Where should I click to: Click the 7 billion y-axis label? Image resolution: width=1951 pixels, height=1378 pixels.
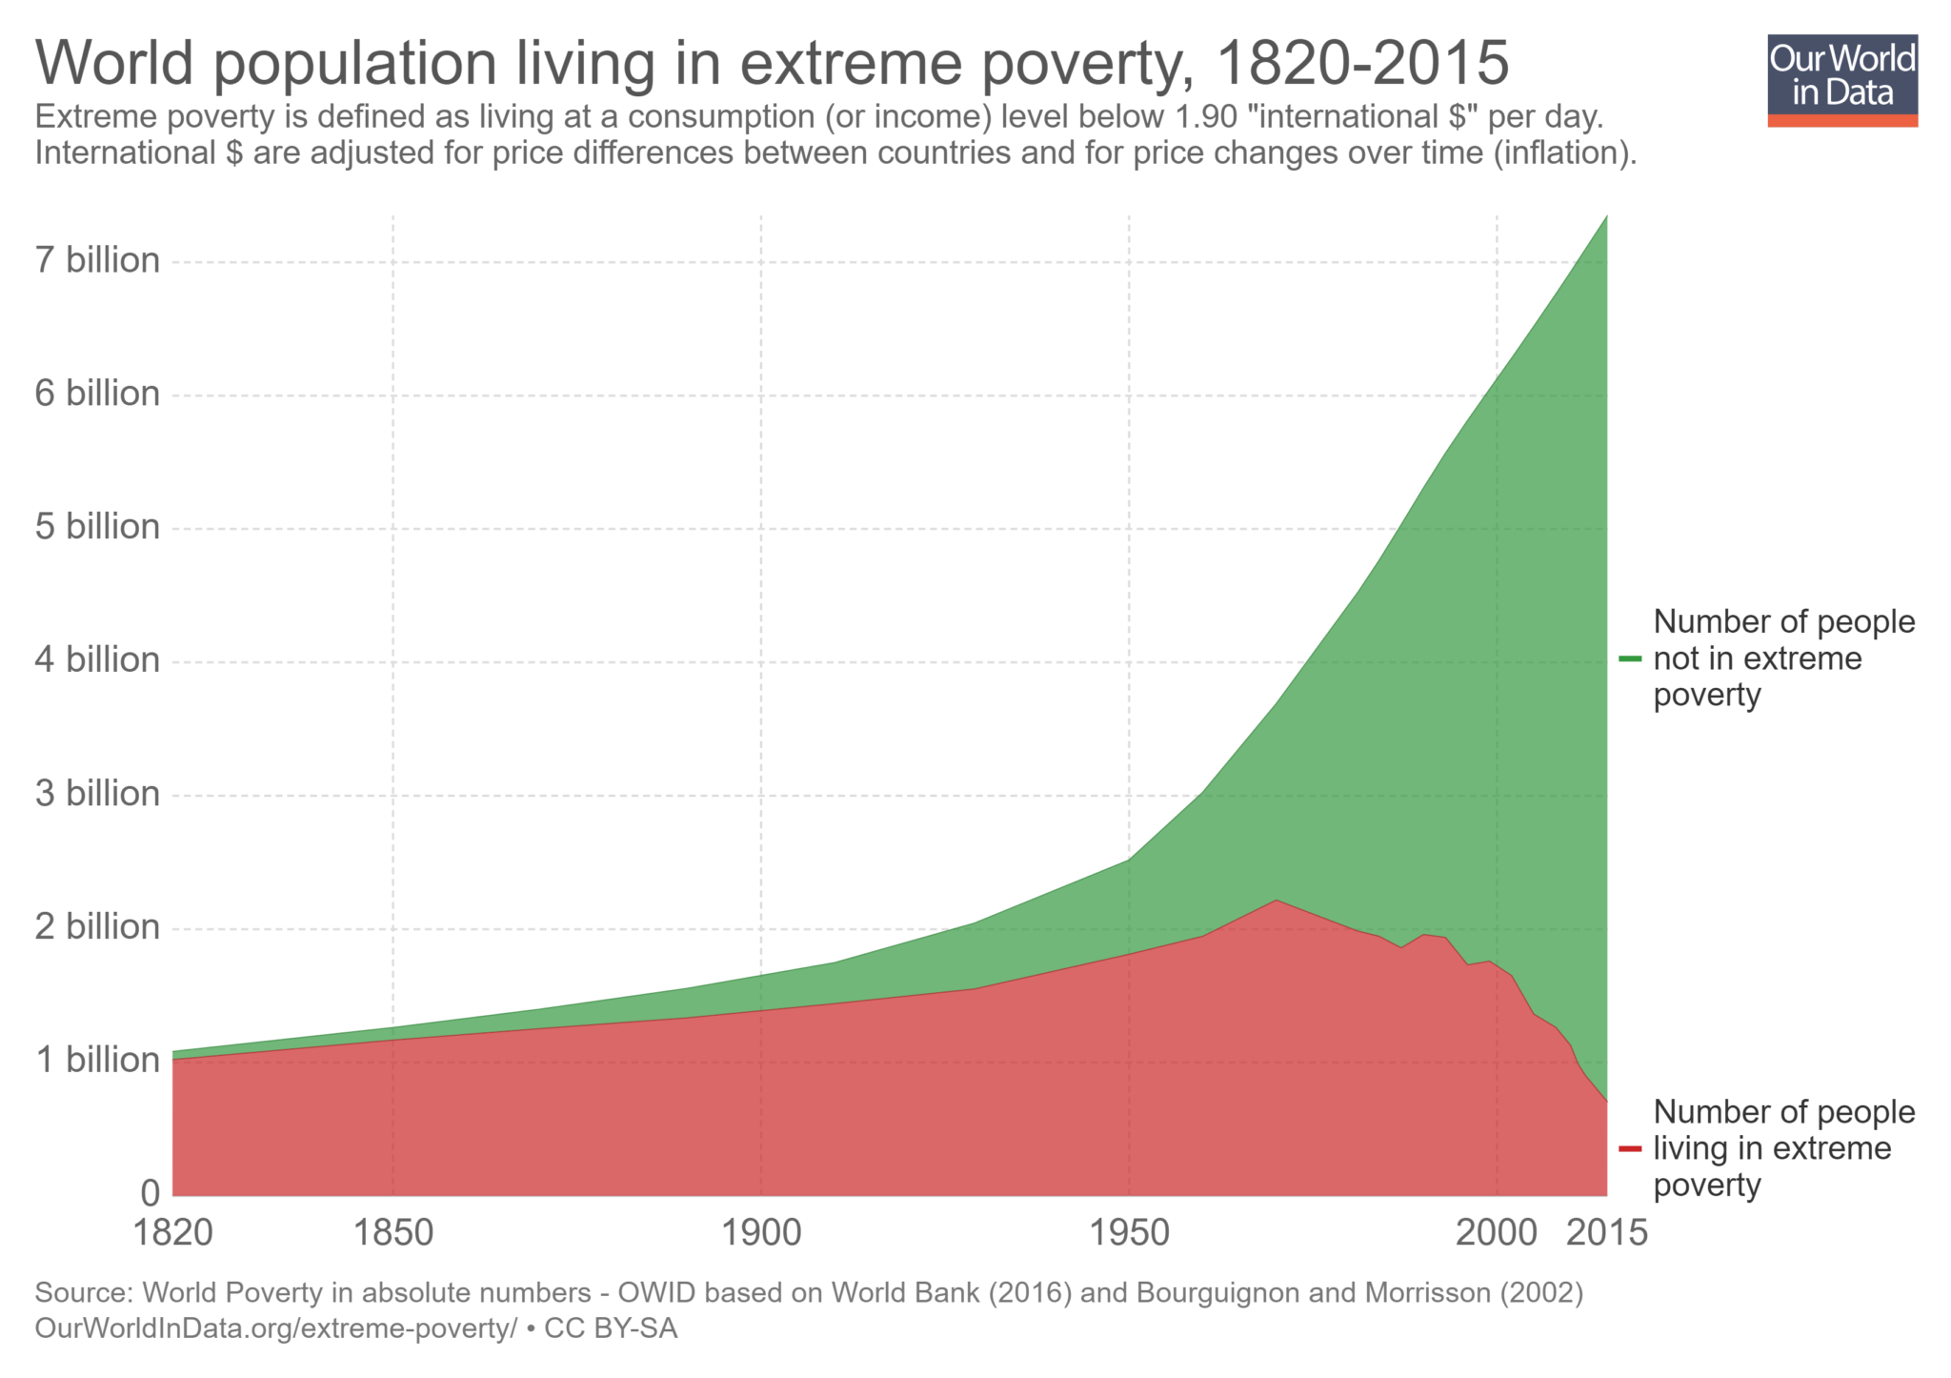pyautogui.click(x=97, y=260)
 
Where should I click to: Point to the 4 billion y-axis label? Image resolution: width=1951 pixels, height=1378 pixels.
pyautogui.click(x=97, y=659)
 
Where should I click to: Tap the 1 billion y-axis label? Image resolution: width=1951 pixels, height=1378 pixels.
pyautogui.click(x=97, y=1060)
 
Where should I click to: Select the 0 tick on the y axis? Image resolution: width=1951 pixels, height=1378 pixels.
pyautogui.click(x=150, y=1192)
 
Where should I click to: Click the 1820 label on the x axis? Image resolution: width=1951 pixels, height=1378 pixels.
pyautogui.click(x=172, y=1233)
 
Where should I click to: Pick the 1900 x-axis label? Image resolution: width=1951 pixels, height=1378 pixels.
pyautogui.click(x=760, y=1233)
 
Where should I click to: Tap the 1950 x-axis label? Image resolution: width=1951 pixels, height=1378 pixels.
pyautogui.click(x=1129, y=1233)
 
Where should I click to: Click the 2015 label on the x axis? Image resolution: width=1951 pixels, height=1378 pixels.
pyautogui.click(x=1607, y=1233)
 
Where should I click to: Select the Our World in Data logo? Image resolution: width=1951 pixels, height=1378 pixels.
pyautogui.click(x=1841, y=80)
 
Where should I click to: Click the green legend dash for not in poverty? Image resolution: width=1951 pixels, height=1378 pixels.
pyautogui.click(x=1630, y=659)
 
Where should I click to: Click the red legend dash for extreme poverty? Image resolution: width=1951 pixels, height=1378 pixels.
pyautogui.click(x=1630, y=1148)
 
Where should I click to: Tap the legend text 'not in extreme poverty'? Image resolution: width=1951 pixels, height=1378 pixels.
pyautogui.click(x=1783, y=659)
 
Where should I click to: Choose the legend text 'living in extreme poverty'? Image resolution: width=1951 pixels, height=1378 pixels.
pyautogui.click(x=1783, y=1148)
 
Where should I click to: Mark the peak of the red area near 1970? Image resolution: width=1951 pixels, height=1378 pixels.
pyautogui.click(x=1276, y=901)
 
